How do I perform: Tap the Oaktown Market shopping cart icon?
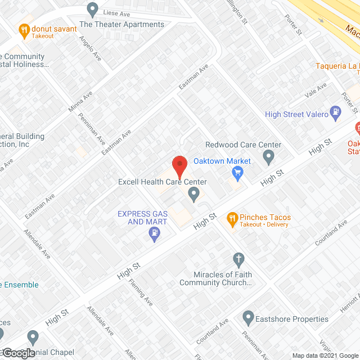[237, 174]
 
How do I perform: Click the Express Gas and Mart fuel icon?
[155, 236]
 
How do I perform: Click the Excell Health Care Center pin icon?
[194, 195]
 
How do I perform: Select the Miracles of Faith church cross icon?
[238, 259]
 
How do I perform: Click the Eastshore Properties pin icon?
[249, 319]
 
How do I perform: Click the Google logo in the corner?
[18, 353]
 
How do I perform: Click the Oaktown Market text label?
[222, 161]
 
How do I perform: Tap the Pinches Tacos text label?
[265, 218]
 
